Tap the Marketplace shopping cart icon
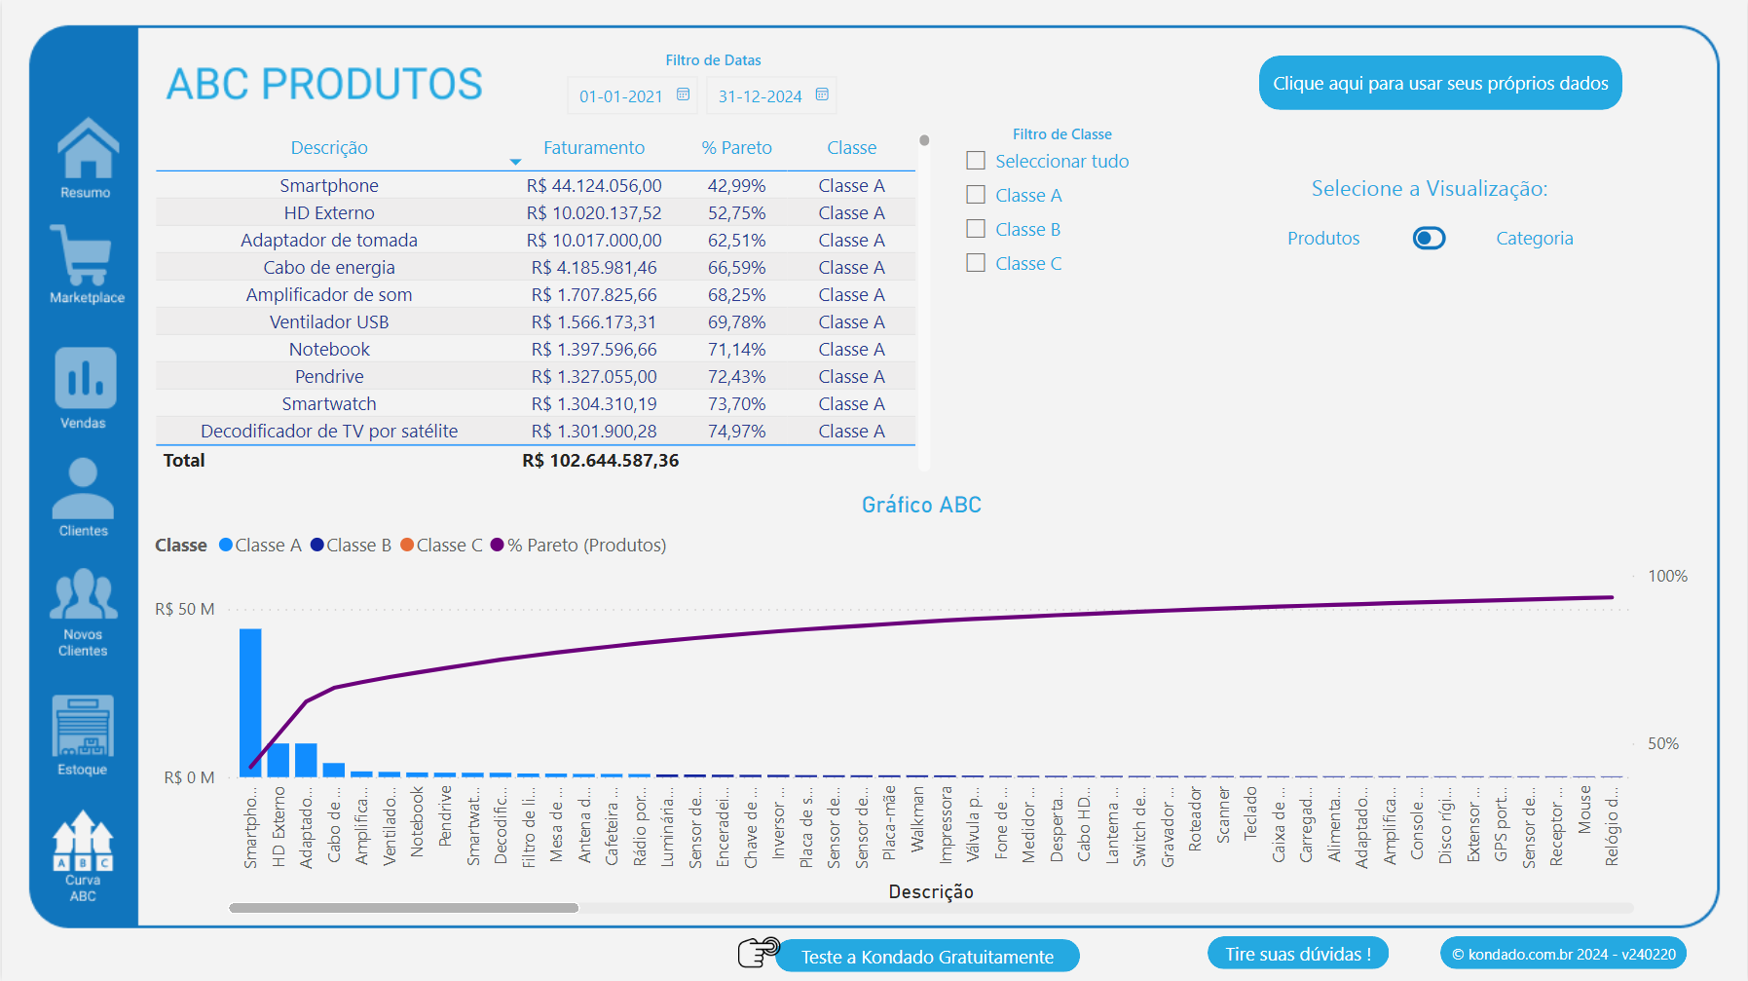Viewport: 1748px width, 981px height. tap(82, 255)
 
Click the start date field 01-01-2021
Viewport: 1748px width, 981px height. tap(620, 95)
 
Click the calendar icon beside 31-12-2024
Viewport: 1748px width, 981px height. tap(822, 94)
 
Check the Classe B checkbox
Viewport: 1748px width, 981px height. tap(976, 229)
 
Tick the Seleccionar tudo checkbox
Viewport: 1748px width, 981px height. tap(976, 161)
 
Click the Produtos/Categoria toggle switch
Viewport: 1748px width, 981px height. tap(1429, 239)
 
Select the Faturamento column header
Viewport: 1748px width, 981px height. tap(593, 148)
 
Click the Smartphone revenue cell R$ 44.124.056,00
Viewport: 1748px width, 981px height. tap(593, 186)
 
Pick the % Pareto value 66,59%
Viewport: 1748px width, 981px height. tap(736, 268)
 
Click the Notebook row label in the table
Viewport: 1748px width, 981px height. tap(329, 350)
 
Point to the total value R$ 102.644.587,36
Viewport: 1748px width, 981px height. tap(600, 461)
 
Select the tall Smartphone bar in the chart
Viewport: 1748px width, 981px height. tap(250, 701)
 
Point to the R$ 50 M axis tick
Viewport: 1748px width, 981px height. tap(185, 610)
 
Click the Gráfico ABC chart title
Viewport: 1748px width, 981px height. tap(921, 505)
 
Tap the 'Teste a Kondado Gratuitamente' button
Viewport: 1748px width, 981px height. tap(926, 957)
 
